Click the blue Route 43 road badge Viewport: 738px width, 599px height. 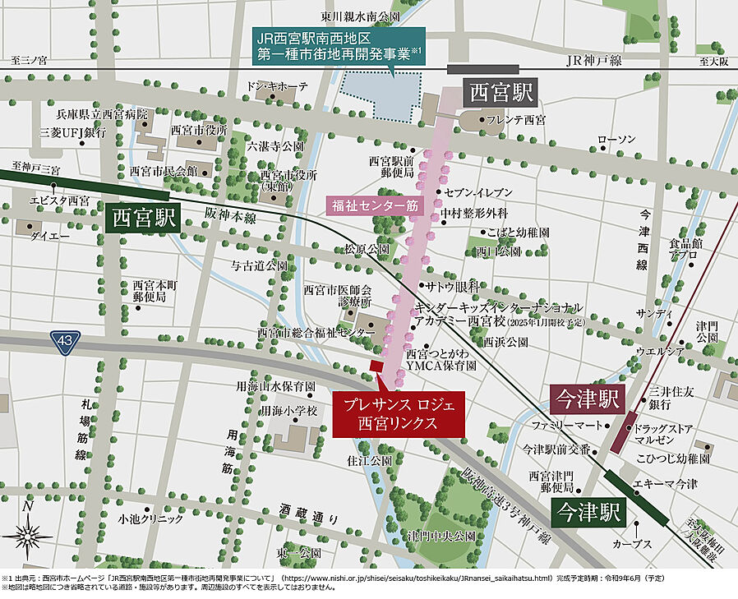62,339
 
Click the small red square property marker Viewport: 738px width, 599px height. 376,366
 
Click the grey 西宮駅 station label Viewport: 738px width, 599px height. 500,91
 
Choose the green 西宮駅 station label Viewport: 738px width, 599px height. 145,219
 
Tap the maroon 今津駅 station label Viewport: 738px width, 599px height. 585,399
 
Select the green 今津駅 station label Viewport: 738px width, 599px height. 586,513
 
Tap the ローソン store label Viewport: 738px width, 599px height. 616,140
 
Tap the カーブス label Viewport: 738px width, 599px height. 632,544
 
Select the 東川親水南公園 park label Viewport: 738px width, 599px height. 361,16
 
